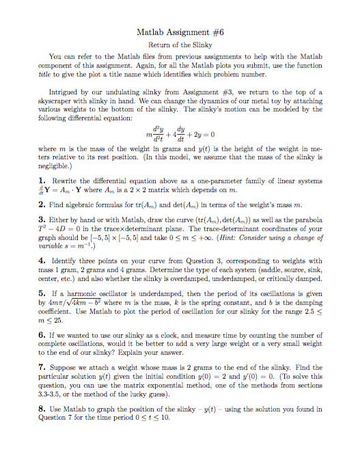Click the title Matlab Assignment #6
180,32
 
